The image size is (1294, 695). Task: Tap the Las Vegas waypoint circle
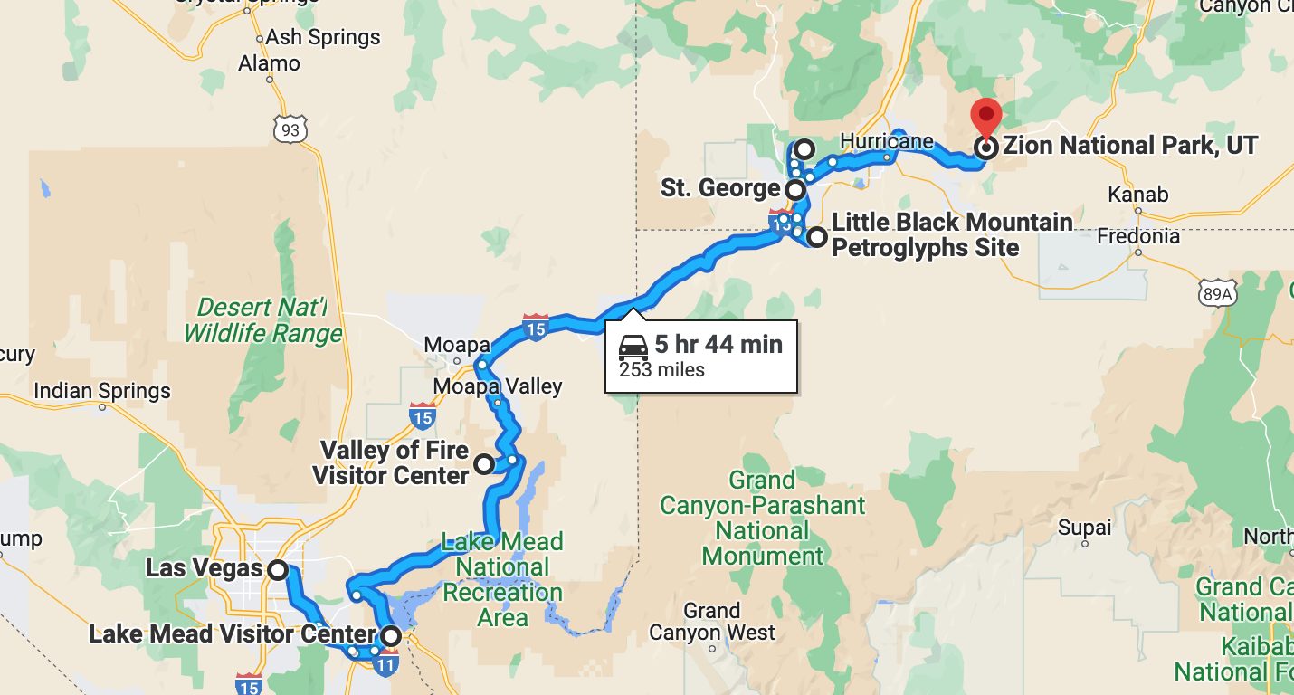click(278, 570)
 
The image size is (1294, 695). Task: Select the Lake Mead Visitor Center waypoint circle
click(390, 636)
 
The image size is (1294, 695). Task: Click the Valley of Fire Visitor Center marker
click(484, 463)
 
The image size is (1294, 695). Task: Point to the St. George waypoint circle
click(794, 190)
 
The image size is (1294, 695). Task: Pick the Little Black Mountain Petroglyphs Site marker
click(817, 238)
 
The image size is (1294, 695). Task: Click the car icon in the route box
click(633, 346)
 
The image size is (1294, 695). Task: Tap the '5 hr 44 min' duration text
click(718, 345)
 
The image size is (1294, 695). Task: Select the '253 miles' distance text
click(661, 369)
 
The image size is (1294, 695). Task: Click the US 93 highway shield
click(290, 129)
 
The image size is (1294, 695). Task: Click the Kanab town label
click(1137, 195)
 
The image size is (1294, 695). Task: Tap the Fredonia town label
click(1138, 236)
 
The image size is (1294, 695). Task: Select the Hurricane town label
click(887, 141)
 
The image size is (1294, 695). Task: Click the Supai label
click(1084, 527)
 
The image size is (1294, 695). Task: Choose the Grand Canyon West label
click(712, 622)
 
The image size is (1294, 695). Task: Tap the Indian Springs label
click(101, 392)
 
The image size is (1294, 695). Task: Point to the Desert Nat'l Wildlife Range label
click(263, 321)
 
